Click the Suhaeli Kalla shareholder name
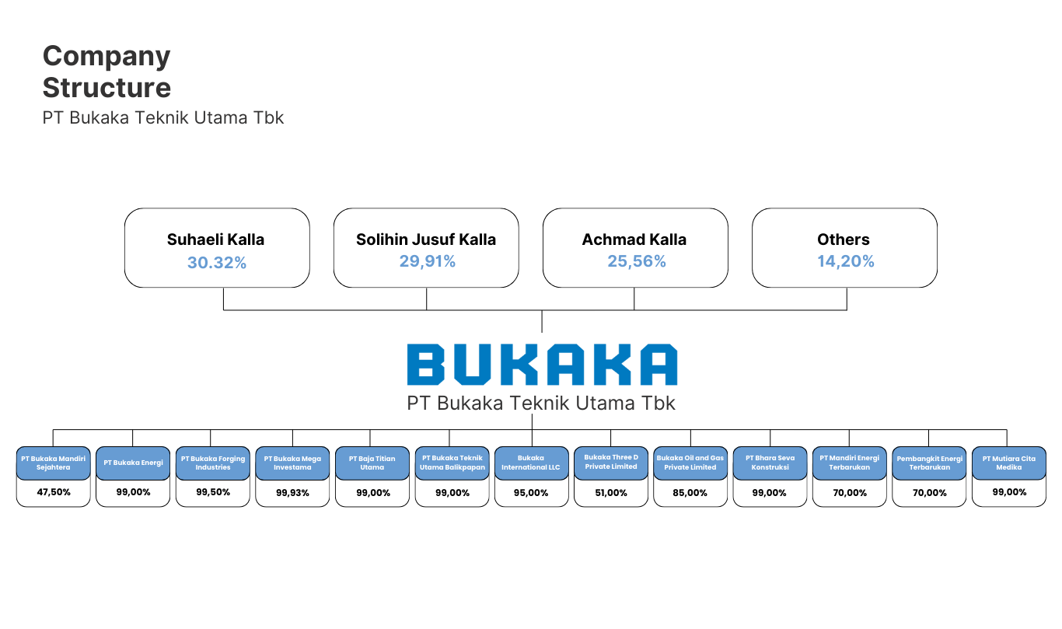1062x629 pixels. coord(215,239)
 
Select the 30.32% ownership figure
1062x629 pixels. coord(216,263)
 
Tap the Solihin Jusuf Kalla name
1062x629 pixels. coord(426,239)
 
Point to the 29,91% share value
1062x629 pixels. coord(427,262)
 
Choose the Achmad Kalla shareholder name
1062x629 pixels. coord(634,239)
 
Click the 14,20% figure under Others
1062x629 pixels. coord(845,262)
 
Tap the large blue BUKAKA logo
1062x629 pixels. coord(542,365)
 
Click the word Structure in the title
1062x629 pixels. coord(107,88)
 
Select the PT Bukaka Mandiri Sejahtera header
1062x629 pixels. coord(54,463)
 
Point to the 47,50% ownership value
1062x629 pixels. coord(54,492)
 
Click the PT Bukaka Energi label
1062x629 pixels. coord(133,463)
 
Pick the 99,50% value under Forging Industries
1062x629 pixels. coord(213,492)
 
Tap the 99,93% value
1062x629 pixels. coord(292,493)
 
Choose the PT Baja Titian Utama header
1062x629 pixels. coord(372,463)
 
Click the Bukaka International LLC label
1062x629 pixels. coord(531,463)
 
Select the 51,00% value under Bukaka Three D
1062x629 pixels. coord(611,493)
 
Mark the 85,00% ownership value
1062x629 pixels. coord(690,493)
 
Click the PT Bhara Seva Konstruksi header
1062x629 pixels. coord(770,463)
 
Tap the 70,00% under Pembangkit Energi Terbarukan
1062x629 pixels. coord(929,493)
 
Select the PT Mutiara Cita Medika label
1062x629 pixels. coord(1008,463)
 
